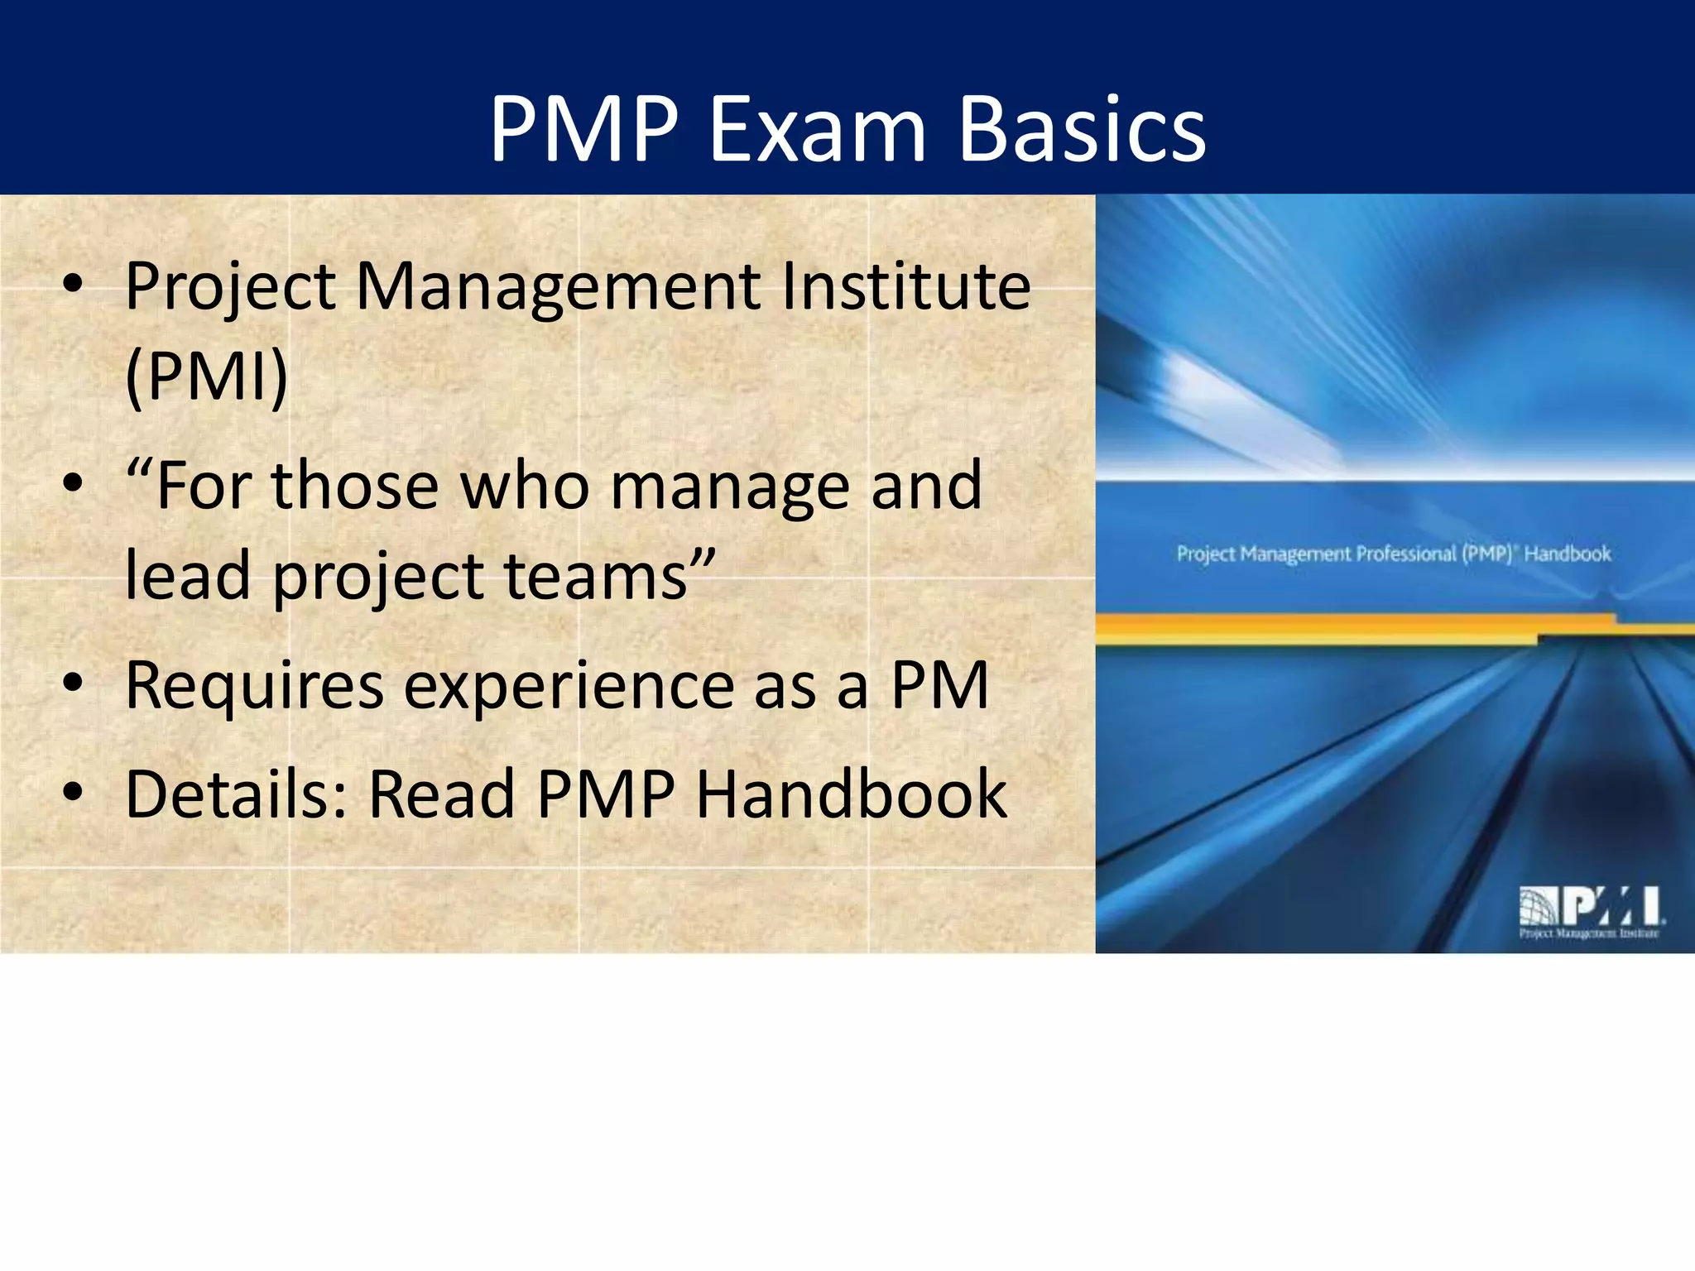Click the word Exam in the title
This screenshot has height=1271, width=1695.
pos(817,130)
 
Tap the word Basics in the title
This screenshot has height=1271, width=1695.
pos(1082,130)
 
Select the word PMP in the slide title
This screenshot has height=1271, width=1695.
pos(583,130)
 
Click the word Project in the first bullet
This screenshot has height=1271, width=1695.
pos(230,287)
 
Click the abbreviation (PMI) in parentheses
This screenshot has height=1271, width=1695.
pos(206,377)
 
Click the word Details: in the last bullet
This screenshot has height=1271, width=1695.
pos(236,794)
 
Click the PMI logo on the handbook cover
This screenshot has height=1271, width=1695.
pos(1590,911)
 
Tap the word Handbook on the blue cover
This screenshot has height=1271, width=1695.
pos(1568,554)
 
